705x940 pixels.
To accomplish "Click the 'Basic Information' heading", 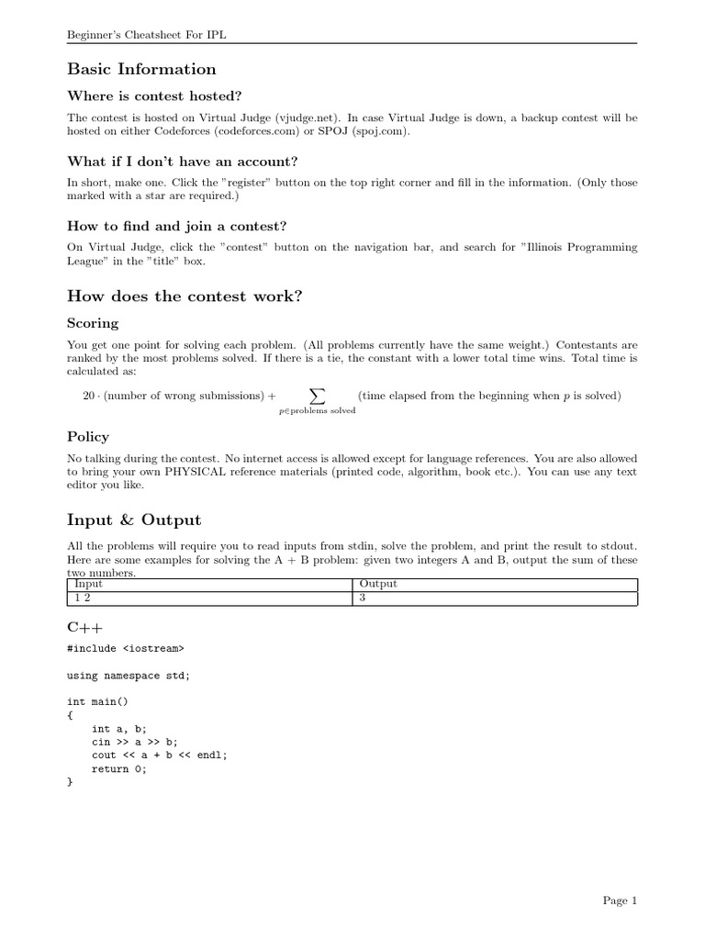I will point(142,70).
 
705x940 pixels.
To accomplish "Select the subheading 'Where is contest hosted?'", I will point(154,96).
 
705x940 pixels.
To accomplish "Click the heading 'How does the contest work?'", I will point(185,296).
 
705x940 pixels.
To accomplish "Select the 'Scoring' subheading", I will point(93,323).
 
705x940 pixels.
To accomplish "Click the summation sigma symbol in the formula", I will point(317,396).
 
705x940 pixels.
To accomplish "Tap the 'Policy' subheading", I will point(88,436).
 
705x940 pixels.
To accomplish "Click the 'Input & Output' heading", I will point(133,520).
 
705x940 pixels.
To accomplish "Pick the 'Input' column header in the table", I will point(88,584).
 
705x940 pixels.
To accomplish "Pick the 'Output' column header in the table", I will point(377,584).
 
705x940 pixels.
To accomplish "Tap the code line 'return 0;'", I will point(119,769).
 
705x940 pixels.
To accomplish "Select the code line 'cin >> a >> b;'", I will point(135,742).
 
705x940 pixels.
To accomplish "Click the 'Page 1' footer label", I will point(620,901).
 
